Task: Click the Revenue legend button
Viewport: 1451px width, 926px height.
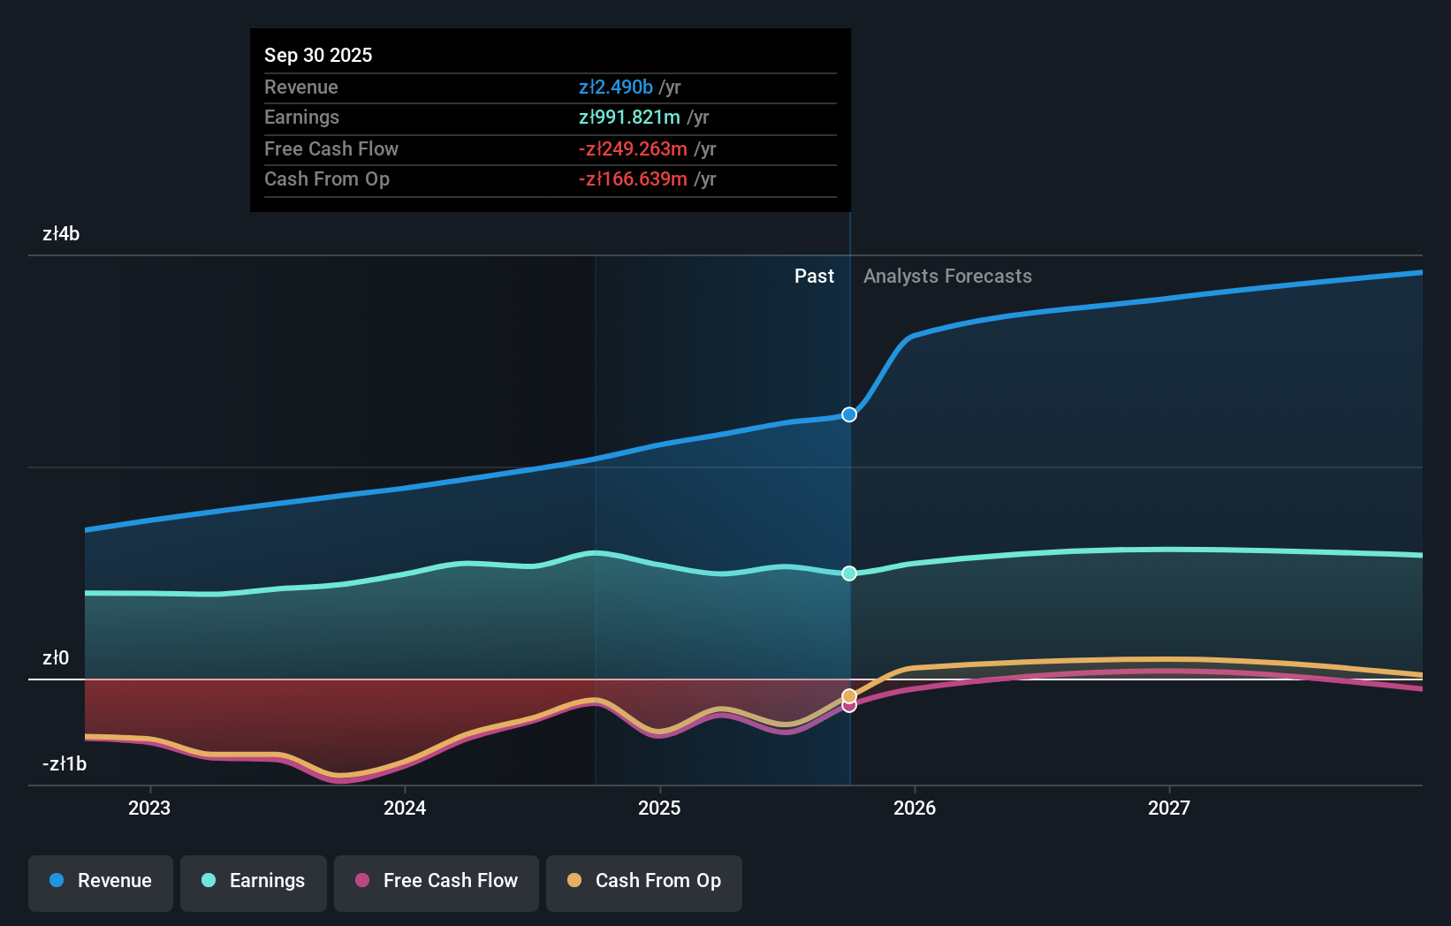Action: point(101,881)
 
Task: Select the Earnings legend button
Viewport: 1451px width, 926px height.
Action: point(254,881)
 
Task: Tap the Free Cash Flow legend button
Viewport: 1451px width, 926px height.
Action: point(437,881)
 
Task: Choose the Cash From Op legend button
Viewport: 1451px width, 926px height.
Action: point(644,881)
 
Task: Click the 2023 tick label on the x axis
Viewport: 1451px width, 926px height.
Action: point(149,808)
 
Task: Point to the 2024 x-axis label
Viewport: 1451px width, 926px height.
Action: point(405,808)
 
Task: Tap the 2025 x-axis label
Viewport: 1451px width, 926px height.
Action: point(659,808)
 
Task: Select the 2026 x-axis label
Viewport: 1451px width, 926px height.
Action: point(915,808)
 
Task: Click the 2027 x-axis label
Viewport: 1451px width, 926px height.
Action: point(1169,808)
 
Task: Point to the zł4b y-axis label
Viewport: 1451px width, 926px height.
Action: point(61,234)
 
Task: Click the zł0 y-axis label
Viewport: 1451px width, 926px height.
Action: point(56,658)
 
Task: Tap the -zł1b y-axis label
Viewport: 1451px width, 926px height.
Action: point(65,764)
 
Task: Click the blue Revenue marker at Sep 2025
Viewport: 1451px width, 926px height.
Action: point(849,414)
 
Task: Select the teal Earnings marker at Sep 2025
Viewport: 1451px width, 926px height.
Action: point(849,573)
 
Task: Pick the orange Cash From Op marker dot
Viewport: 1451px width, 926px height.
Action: point(849,696)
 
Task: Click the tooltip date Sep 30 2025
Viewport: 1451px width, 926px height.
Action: point(318,56)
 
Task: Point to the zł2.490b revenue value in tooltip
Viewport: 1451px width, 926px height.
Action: point(616,87)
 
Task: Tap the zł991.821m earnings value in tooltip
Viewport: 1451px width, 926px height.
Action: point(629,118)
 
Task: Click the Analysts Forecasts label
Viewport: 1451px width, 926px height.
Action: point(947,277)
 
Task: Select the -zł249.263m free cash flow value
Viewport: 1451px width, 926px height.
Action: point(633,149)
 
